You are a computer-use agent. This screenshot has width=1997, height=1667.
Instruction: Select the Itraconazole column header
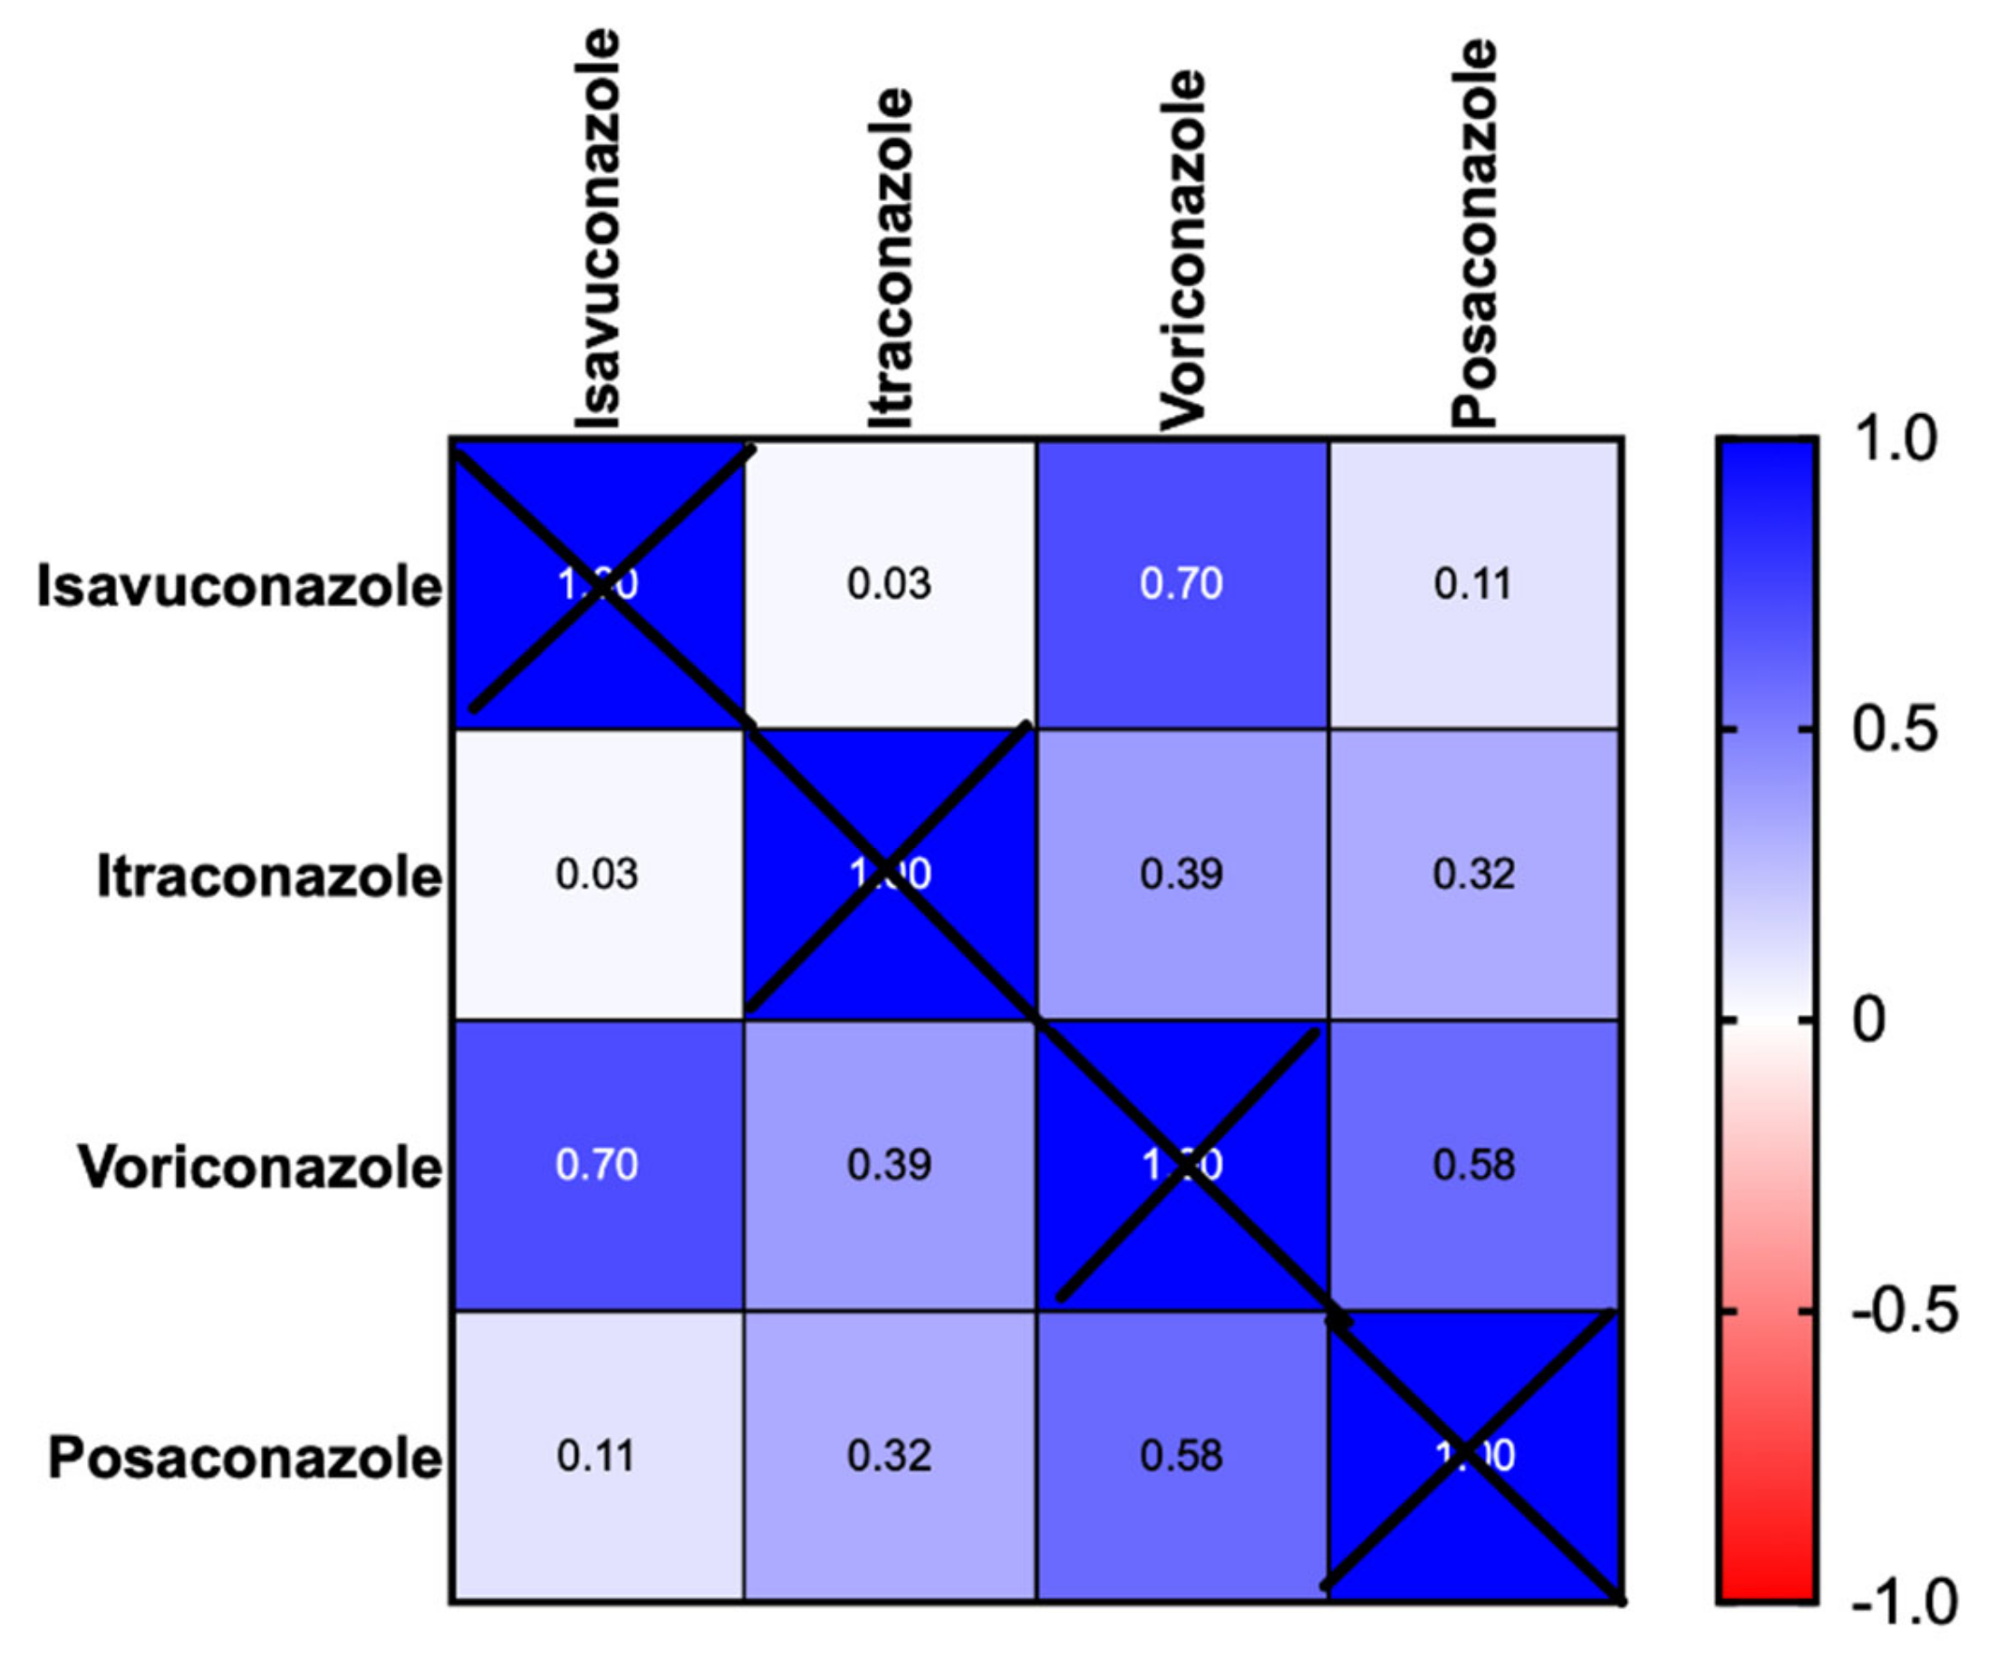pyautogui.click(x=890, y=258)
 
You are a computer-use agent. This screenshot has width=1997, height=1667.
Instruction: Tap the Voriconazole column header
pyautogui.click(x=1182, y=250)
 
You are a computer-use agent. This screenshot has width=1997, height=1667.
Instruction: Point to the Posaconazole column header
pyautogui.click(x=1474, y=233)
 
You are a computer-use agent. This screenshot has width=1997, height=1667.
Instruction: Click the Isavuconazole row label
pyautogui.click(x=239, y=586)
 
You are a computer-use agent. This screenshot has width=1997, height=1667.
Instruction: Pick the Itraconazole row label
pyautogui.click(x=269, y=876)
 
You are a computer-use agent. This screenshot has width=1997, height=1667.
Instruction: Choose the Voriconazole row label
pyautogui.click(x=260, y=1166)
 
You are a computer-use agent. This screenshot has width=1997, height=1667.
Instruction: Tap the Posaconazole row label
pyautogui.click(x=246, y=1457)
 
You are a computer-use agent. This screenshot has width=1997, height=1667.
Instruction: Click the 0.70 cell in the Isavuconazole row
pyautogui.click(x=1182, y=583)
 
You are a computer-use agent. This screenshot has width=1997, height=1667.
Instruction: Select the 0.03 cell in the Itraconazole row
pyautogui.click(x=597, y=874)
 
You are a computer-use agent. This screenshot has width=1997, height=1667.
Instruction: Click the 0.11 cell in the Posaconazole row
pyautogui.click(x=596, y=1456)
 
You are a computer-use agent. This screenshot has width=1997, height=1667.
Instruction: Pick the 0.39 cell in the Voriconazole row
pyautogui.click(x=889, y=1165)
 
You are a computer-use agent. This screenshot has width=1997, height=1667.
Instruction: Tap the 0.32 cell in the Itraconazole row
pyautogui.click(x=1474, y=874)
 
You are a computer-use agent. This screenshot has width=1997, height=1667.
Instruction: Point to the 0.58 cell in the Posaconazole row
pyautogui.click(x=1182, y=1456)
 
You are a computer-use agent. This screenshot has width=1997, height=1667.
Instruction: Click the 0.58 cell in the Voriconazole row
pyautogui.click(x=1474, y=1165)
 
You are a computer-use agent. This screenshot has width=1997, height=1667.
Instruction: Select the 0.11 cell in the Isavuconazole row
pyautogui.click(x=1473, y=583)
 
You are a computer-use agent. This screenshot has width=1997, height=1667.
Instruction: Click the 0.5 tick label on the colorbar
pyautogui.click(x=1894, y=729)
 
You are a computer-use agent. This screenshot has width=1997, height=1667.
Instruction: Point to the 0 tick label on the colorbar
pyautogui.click(x=1868, y=1020)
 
